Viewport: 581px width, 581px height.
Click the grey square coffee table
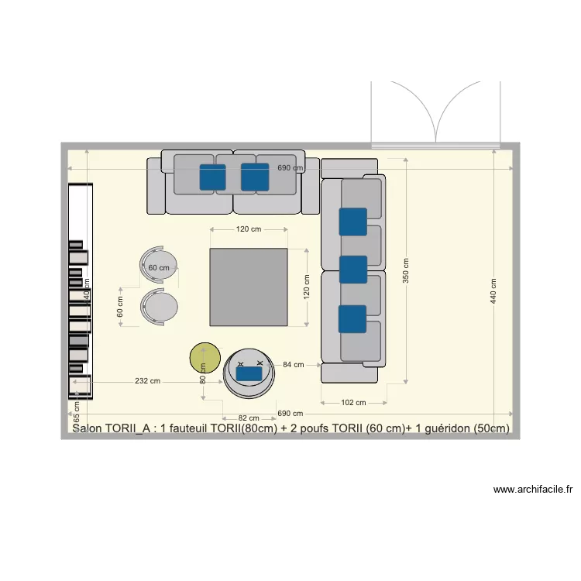click(248, 287)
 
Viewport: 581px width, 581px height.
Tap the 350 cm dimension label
click(406, 272)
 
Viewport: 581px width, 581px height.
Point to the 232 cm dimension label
click(147, 381)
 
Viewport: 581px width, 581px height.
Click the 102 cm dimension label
click(353, 402)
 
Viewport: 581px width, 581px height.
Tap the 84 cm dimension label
click(293, 364)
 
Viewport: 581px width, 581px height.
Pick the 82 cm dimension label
click(249, 418)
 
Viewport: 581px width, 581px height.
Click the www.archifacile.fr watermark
click(532, 490)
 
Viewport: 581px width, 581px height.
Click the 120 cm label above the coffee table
click(249, 229)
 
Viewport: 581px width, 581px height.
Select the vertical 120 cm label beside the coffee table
click(306, 287)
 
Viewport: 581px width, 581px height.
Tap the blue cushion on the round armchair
click(249, 373)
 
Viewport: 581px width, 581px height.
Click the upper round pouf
click(160, 266)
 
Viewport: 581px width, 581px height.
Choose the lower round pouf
click(160, 307)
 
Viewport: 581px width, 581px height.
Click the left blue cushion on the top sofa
click(212, 177)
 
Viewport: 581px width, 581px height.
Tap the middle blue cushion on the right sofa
click(353, 270)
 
